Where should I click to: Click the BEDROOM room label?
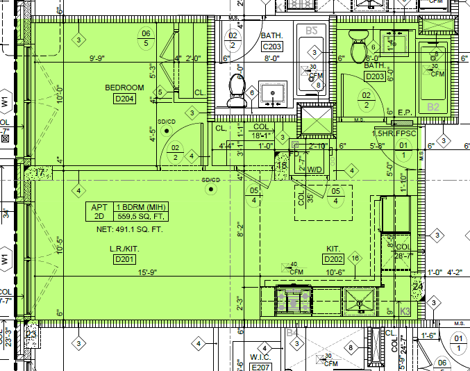[x=124, y=88]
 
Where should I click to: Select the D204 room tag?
[x=124, y=99]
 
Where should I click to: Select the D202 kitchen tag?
[x=333, y=260]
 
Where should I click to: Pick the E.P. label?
[x=405, y=113]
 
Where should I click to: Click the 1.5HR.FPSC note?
[x=394, y=133]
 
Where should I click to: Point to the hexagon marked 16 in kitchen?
[x=355, y=258]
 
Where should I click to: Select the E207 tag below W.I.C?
[x=260, y=367]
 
